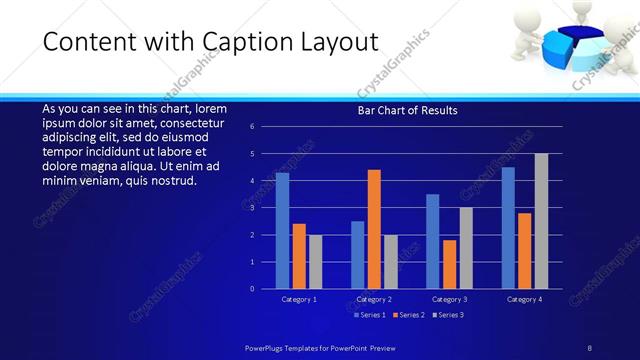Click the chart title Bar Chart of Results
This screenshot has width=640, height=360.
click(407, 111)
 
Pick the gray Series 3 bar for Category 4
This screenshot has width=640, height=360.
click(541, 221)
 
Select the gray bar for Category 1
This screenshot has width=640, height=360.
click(315, 261)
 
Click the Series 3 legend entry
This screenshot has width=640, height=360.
click(448, 315)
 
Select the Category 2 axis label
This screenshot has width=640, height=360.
click(374, 299)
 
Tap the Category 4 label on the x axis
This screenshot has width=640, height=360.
click(524, 299)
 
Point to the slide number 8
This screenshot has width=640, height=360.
click(590, 347)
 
